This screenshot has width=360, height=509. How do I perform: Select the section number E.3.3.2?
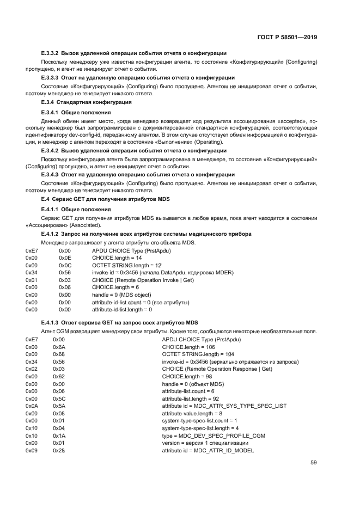tap(53, 53)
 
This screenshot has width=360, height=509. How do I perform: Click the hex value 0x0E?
tap(65, 257)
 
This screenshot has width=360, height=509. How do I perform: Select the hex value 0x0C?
tap(65, 265)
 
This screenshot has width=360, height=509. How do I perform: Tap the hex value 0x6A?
tap(59, 347)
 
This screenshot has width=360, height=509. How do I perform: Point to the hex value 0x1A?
tap(59, 436)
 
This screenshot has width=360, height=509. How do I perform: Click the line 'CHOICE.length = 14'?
tap(118, 257)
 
